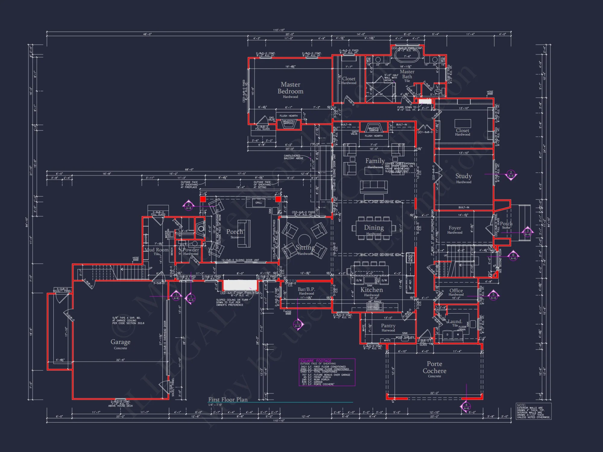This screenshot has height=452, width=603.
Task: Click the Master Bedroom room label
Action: point(290,88)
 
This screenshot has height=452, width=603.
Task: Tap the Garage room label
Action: point(120,342)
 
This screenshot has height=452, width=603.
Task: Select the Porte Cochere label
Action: point(434,368)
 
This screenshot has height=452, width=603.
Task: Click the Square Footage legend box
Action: point(327,372)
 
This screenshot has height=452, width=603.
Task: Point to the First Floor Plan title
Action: point(228,400)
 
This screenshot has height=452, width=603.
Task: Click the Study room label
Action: point(463,176)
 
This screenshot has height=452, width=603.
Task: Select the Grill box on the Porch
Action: point(258,202)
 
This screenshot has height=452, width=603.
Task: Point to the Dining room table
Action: point(374,228)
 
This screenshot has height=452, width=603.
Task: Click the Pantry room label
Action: point(388,326)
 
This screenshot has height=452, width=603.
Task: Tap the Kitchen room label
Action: point(371,290)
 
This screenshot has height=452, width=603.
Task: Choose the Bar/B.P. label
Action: point(306,289)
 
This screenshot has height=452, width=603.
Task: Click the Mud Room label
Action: point(156,250)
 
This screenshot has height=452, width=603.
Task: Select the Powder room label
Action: point(191,250)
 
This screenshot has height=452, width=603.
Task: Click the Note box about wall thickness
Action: point(533,411)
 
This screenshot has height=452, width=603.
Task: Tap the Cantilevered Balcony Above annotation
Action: point(293,157)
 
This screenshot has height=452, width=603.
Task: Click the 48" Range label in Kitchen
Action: point(374,301)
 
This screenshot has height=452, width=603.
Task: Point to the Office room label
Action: point(456,290)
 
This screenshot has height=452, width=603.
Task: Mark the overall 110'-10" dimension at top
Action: point(279,30)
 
